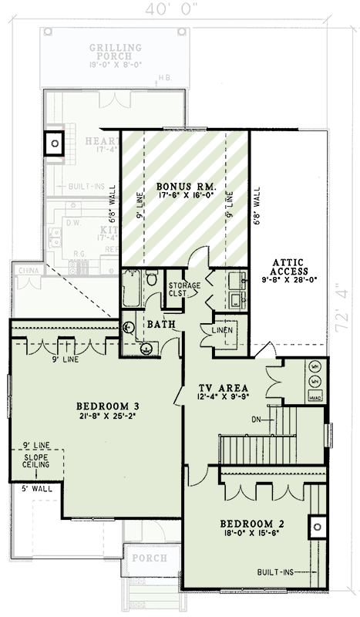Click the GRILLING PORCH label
(116, 52)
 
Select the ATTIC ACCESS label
(290, 271)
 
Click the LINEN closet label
(223, 332)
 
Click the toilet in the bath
(152, 277)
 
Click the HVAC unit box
(315, 396)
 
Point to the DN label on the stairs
(257, 420)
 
